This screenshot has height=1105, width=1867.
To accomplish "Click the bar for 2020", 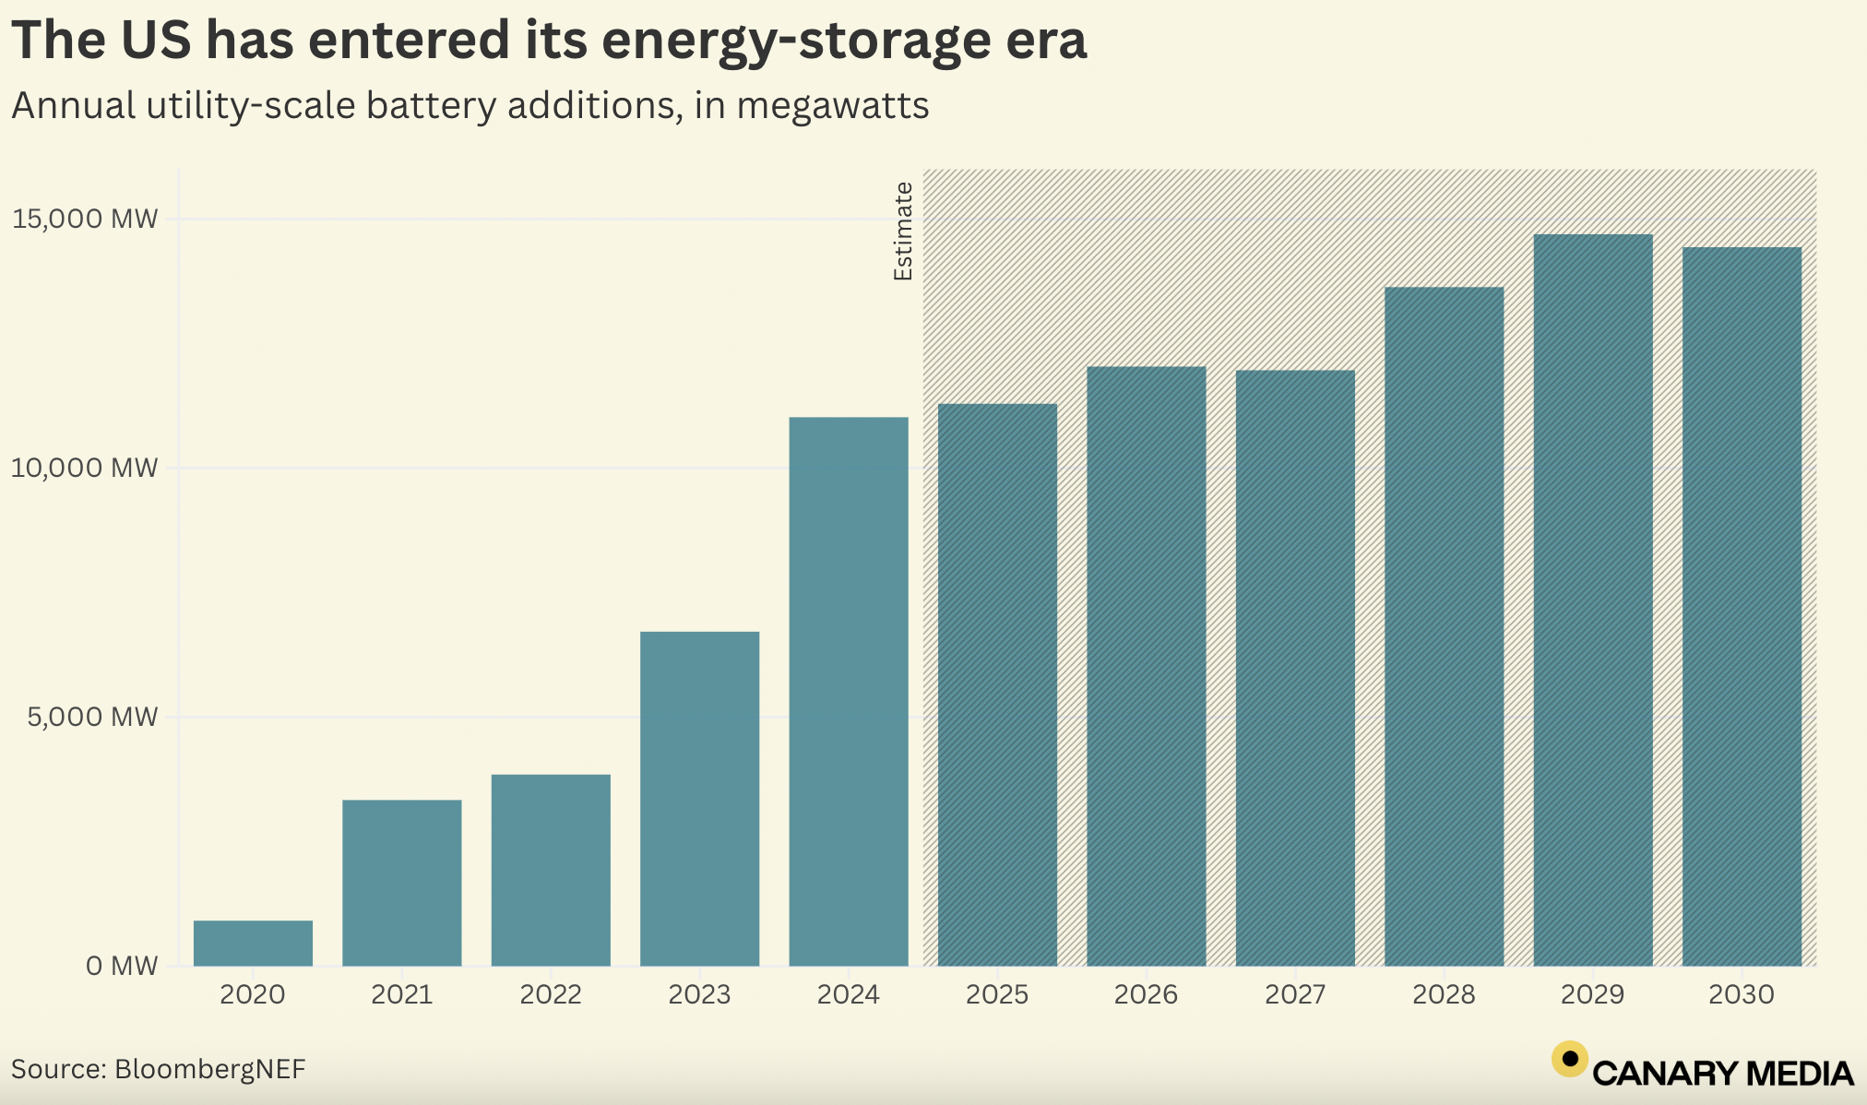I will (x=253, y=943).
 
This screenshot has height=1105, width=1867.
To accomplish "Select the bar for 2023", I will (x=699, y=798).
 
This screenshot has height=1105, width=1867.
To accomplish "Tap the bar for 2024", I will (x=849, y=692).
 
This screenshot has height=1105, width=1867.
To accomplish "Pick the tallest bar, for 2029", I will (x=1593, y=600).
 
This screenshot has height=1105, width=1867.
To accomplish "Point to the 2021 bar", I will (x=401, y=883).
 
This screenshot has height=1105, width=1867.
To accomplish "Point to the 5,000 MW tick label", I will (x=92, y=718).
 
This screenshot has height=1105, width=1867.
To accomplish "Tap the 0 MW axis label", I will (x=122, y=967).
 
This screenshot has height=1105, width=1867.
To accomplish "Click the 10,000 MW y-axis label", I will (x=85, y=469).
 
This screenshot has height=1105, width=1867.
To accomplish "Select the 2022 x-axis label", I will (x=551, y=995).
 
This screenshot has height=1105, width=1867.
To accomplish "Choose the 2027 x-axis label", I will (x=1295, y=995).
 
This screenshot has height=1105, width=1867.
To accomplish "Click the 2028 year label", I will (x=1444, y=995).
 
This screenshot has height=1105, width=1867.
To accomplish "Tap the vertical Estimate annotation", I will (x=903, y=231).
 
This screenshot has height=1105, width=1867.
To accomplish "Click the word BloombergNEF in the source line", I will (x=209, y=1069).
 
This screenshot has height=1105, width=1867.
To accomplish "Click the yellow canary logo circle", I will (x=1570, y=1060).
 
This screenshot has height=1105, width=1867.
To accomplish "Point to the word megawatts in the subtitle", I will (x=832, y=106).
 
